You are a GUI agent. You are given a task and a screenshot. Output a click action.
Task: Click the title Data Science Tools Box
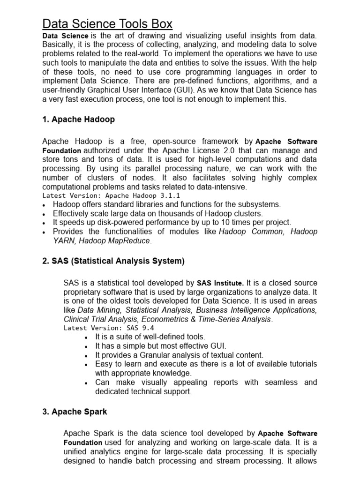[x=107, y=23]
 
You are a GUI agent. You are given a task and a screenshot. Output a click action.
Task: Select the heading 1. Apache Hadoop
[x=78, y=120]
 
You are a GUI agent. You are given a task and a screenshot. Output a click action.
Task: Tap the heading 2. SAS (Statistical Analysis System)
[x=113, y=261]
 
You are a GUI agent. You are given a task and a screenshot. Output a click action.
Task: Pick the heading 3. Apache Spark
[x=75, y=412]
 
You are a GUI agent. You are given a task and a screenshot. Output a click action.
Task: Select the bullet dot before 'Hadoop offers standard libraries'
[x=44, y=205]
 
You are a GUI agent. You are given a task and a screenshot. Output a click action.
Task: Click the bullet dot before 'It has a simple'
[x=86, y=347]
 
